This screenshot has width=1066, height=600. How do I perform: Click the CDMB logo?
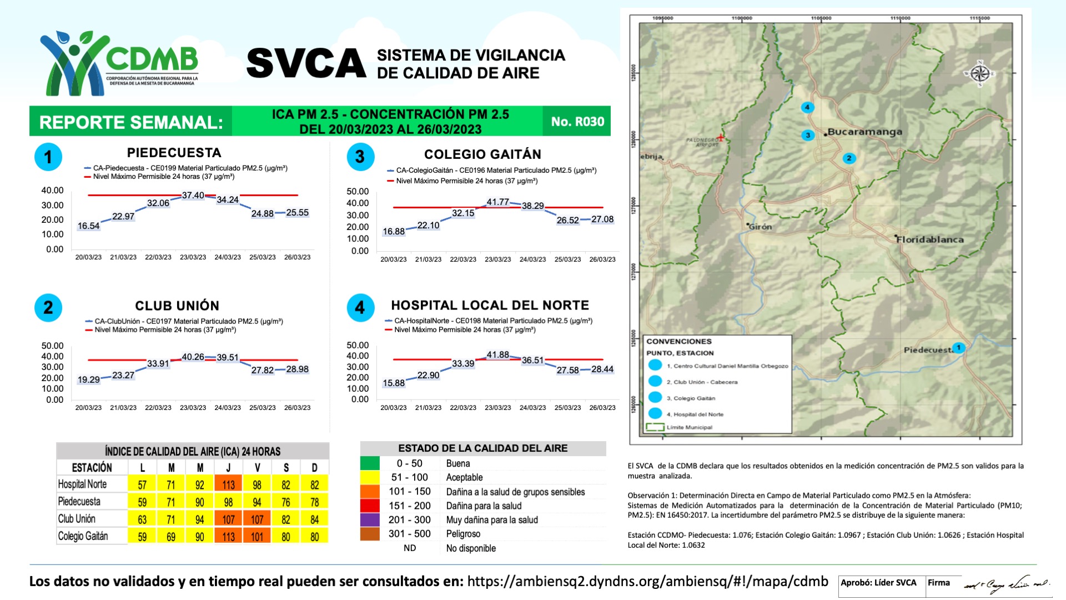coord(119,62)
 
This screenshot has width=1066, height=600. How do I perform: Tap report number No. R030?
coord(577,122)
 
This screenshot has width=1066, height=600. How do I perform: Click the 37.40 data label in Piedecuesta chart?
coord(193,196)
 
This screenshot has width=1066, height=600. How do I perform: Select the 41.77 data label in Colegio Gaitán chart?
coord(497,202)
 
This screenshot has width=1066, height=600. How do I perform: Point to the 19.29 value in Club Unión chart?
coord(89,379)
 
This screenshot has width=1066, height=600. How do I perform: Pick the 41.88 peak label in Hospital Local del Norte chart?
coord(497,354)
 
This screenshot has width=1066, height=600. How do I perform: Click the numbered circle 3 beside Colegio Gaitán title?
coord(360,157)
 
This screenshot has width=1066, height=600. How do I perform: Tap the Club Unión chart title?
coord(177,306)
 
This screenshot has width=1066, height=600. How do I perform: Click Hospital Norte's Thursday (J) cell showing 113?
coord(228,484)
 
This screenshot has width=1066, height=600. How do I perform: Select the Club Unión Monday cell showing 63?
coord(142,519)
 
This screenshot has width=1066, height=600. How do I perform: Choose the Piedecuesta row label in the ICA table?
coord(79,502)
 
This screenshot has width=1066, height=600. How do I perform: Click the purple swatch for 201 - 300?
coord(370,520)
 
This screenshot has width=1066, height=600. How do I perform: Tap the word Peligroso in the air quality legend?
coord(463,534)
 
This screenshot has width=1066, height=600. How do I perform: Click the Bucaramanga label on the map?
coord(864,132)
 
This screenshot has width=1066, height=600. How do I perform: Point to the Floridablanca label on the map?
coord(930,239)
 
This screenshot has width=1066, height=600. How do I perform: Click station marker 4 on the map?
coord(807,107)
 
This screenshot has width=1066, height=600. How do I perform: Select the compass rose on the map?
coord(980,74)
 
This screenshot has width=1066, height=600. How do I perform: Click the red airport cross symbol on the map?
coord(721,137)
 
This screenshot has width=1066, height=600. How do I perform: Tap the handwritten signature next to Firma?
coord(1005,584)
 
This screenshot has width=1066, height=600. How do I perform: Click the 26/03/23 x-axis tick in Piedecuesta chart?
coord(297,257)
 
